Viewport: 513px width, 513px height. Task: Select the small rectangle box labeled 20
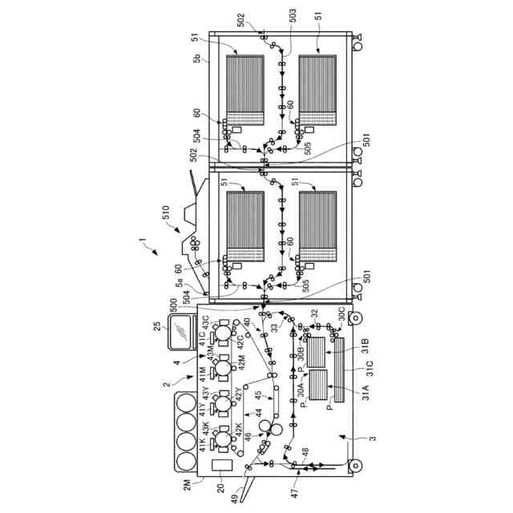click(x=221, y=465)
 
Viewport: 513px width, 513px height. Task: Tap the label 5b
click(x=197, y=57)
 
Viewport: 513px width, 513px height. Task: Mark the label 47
click(x=293, y=484)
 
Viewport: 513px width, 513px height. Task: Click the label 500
click(x=174, y=305)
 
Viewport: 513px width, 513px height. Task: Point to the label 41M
click(x=202, y=374)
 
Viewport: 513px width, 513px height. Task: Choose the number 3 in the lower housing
click(x=372, y=438)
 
